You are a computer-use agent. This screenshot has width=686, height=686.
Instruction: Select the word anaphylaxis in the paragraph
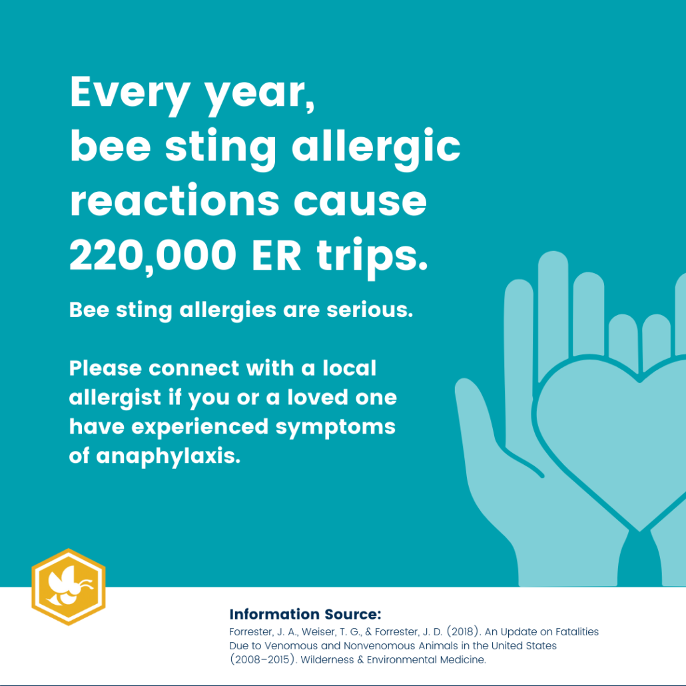point(167,456)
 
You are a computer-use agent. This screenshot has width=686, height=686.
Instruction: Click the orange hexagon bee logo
point(69,587)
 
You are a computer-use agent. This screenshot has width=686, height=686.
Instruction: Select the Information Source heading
point(304,614)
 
